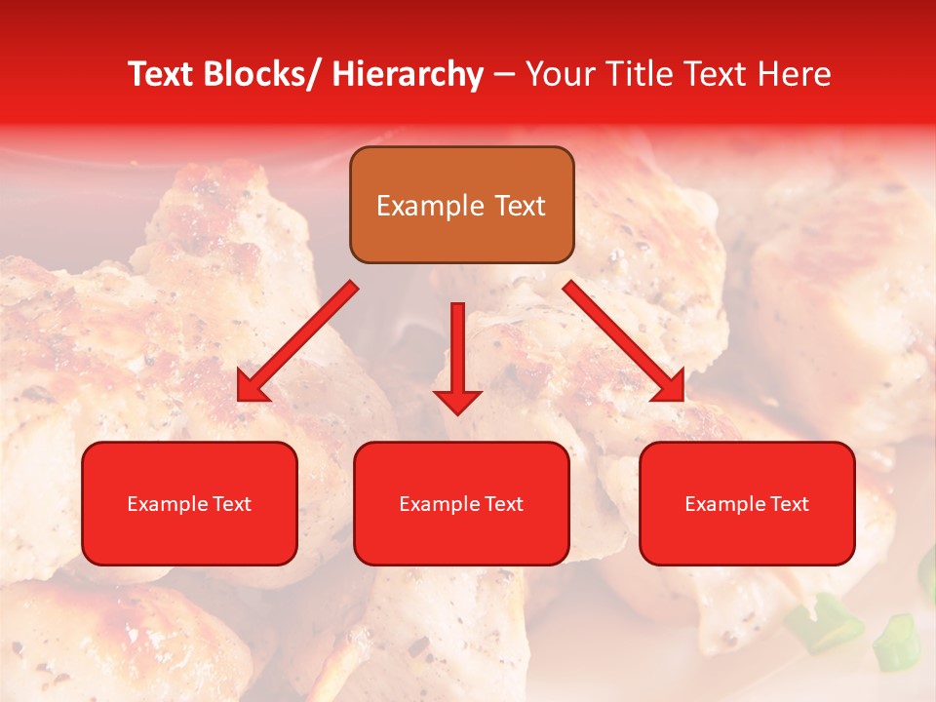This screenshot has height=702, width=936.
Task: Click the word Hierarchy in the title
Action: pos(408,75)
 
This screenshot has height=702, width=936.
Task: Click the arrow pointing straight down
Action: pos(457,361)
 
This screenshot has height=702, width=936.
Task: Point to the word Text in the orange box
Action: pos(518,207)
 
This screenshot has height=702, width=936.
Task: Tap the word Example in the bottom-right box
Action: pos(721,504)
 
